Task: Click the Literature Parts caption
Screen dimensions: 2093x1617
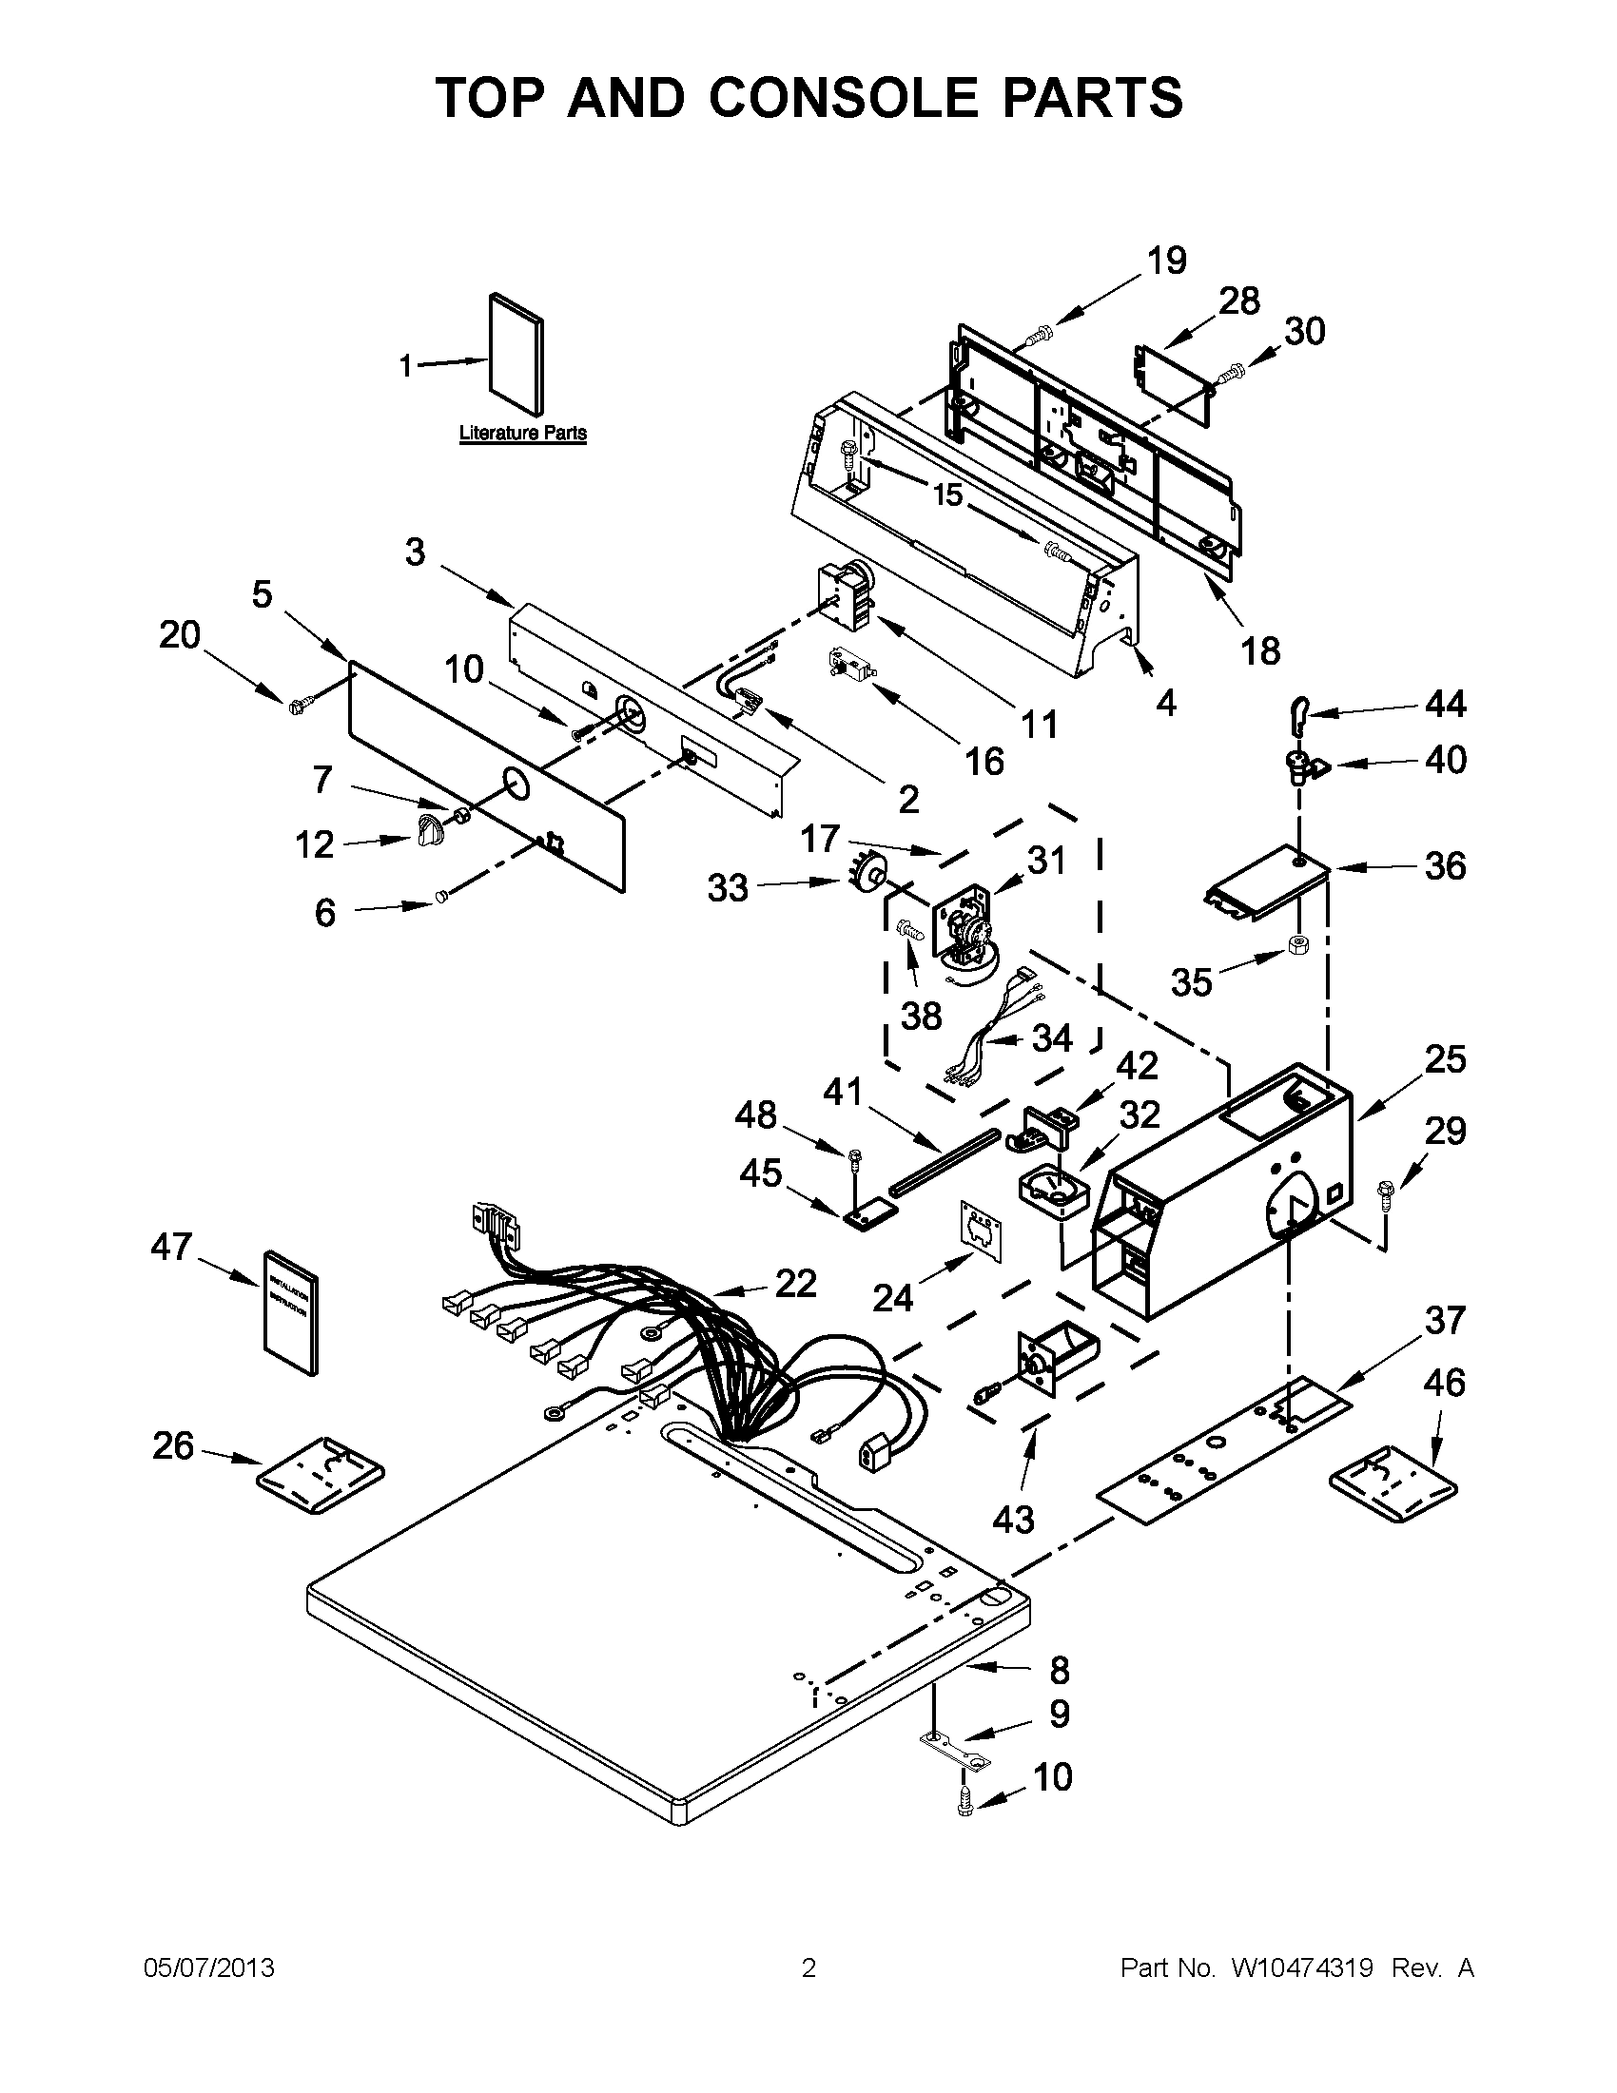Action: pos(522,434)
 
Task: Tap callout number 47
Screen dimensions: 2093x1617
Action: pos(171,1247)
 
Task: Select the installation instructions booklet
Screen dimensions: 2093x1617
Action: pos(291,1314)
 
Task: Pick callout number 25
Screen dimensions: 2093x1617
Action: pos(1446,1060)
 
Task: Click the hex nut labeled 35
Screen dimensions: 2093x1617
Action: pos(1298,948)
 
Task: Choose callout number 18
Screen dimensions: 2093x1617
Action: pos(1260,650)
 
